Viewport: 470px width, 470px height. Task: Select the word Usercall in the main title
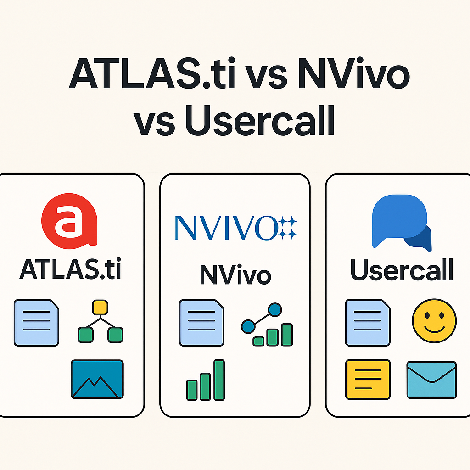pyautogui.click(x=259, y=120)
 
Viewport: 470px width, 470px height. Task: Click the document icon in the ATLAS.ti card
pyautogui.click(x=37, y=322)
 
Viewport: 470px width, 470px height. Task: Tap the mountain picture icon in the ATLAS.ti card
pyautogui.click(x=97, y=379)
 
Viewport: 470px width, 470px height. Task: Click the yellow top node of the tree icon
pyautogui.click(x=100, y=307)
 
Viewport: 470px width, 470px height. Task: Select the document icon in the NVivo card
pyautogui.click(x=202, y=322)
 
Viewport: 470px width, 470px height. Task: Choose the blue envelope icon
pyautogui.click(x=431, y=380)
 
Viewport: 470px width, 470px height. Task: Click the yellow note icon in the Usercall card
pyautogui.click(x=368, y=380)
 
